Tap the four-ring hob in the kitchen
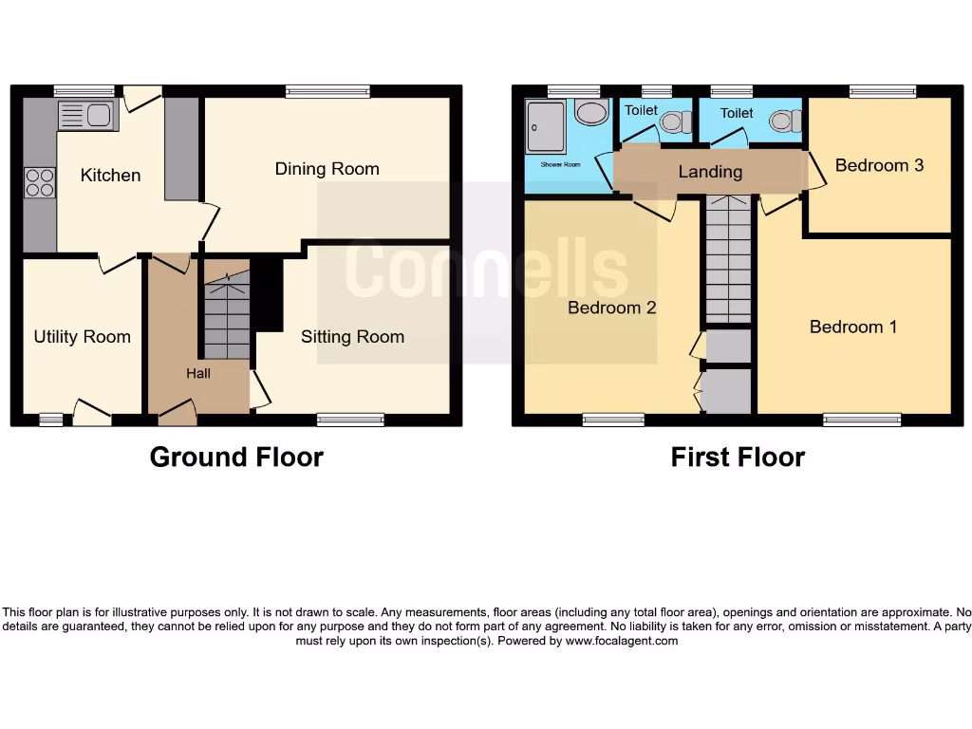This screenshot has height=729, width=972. coord(40,180)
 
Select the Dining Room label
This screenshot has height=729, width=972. coord(327,169)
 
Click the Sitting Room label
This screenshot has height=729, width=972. coord(352,337)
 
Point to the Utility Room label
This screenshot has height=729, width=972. coord(82,337)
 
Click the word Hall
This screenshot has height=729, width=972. coord(198,374)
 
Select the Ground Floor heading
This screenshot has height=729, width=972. coord(236,458)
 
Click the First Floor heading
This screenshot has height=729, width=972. coord(738,458)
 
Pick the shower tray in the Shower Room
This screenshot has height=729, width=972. coord(547,127)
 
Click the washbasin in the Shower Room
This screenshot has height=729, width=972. coord(591,113)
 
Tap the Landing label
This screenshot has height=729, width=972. coord(710,172)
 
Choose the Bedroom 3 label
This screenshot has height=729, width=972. coord(879,165)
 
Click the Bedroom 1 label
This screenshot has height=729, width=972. coord(853,327)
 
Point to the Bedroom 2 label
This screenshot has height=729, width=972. coord(612,308)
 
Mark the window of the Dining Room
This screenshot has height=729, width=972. coord(327,91)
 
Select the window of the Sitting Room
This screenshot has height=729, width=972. coord(350,420)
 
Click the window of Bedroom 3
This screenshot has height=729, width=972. coord(883,91)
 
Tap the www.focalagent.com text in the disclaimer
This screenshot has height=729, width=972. coord(622,641)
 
